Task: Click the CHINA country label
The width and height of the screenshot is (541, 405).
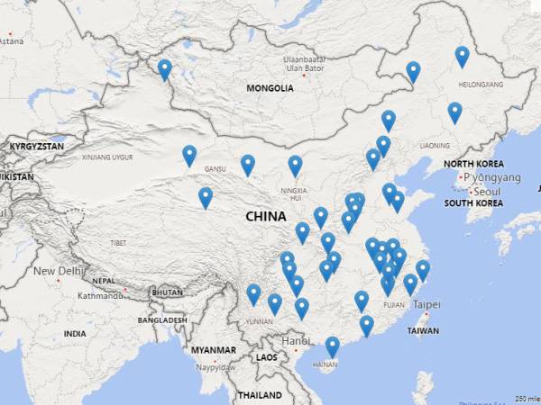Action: [x=265, y=217]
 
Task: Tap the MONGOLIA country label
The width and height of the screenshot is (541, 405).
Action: [x=270, y=88]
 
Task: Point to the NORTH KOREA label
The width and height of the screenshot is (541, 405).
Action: [x=473, y=164]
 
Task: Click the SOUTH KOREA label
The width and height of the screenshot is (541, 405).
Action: [x=472, y=203]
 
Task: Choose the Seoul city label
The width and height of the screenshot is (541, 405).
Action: [x=487, y=192]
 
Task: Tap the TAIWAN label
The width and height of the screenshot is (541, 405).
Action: [x=423, y=331]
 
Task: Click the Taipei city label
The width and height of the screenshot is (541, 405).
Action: [x=427, y=305]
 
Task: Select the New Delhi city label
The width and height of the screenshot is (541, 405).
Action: [x=59, y=271]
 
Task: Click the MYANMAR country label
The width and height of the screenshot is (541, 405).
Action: [x=213, y=350]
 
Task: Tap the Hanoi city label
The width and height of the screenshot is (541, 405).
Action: [x=295, y=341]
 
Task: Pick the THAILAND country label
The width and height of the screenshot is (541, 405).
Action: [x=260, y=395]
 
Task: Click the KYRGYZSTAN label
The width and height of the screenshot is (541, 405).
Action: [x=36, y=146]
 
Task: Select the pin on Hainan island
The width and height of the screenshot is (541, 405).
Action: [x=332, y=346]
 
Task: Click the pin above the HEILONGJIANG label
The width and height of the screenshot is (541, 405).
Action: [x=462, y=56]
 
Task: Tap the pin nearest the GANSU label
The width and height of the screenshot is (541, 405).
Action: [x=189, y=155]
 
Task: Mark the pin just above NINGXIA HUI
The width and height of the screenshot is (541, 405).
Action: [x=295, y=165]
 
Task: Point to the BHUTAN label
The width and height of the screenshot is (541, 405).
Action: [x=167, y=292]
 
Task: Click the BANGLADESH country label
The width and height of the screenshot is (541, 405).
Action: [x=162, y=320]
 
